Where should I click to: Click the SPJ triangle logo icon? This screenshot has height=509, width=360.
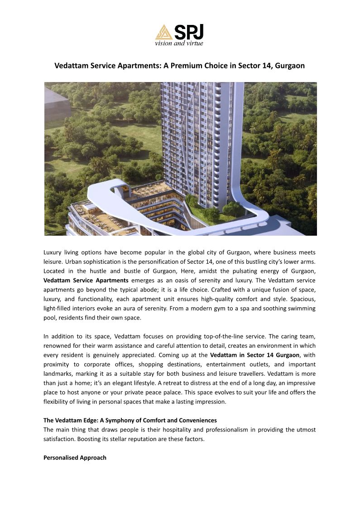tap(163, 32)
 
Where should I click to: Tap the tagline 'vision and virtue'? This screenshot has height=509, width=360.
tap(179, 43)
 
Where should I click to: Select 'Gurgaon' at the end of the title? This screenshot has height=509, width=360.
tap(290, 66)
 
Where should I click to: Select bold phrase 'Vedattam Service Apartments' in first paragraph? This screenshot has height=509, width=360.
tap(86, 280)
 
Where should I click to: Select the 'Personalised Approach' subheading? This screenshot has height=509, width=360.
tap(75, 457)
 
